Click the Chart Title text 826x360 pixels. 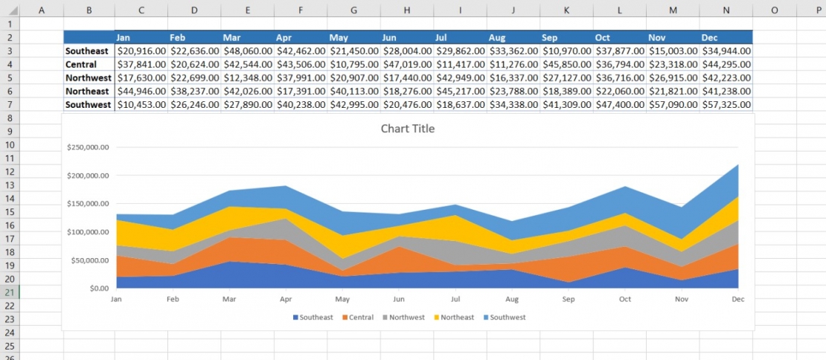(407, 129)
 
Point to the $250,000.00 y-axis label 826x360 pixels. (88, 147)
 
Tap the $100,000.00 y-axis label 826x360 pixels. (88, 232)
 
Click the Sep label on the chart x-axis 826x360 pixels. (569, 299)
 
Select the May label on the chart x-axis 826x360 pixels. (342, 299)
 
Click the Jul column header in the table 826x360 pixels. (441, 37)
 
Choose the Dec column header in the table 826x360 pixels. (710, 37)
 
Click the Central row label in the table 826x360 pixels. (82, 65)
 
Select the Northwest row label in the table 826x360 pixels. (89, 78)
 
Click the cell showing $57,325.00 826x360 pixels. (726, 105)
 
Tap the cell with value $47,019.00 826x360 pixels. (406, 65)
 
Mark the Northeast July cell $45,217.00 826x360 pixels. (460, 91)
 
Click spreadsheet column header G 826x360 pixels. (353, 10)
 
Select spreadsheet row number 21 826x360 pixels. (10, 292)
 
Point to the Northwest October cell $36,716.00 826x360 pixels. (619, 78)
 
